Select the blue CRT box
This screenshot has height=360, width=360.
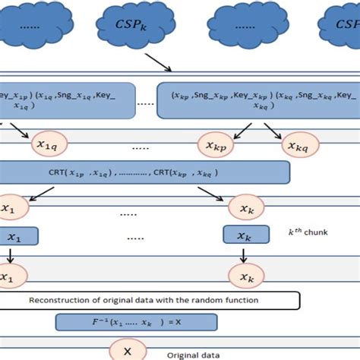click(x=144, y=173)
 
